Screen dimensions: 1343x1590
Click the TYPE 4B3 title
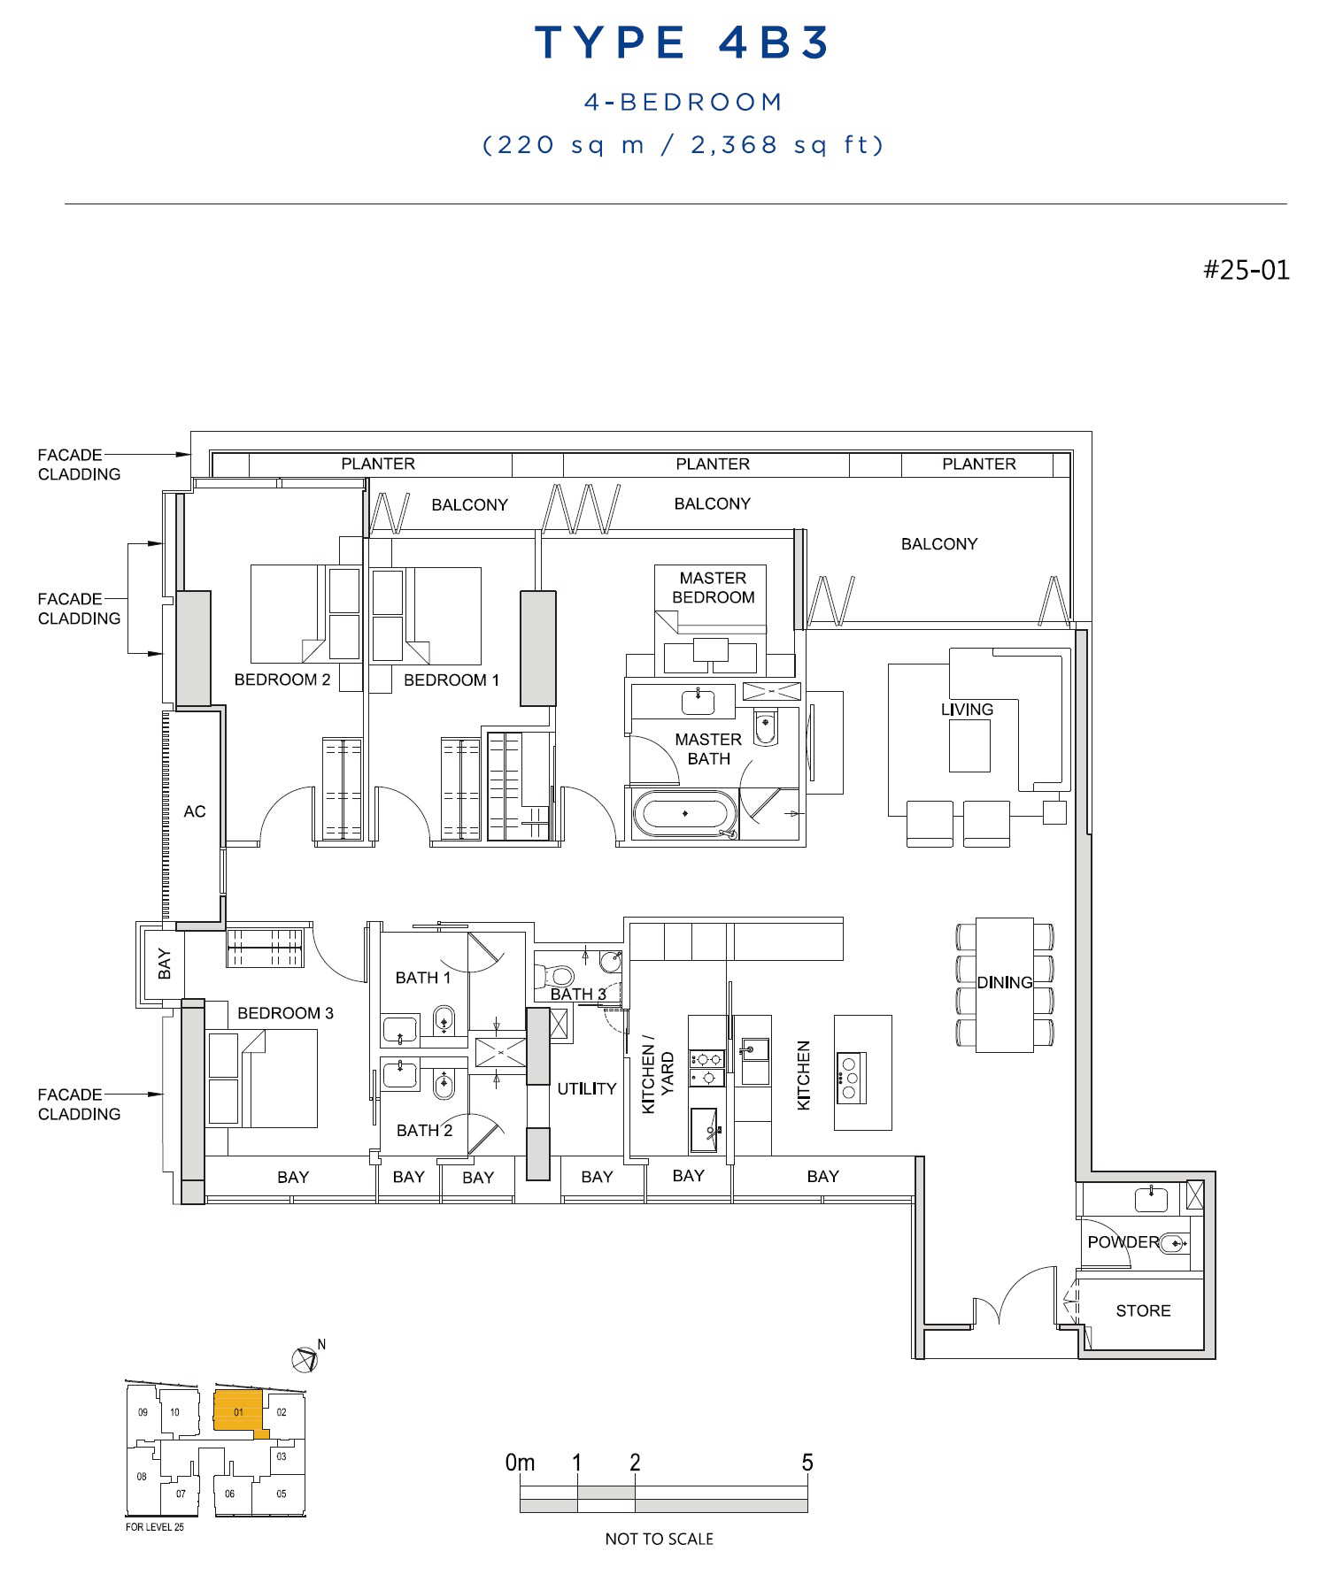tap(682, 42)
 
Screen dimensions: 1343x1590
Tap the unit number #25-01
tap(1246, 270)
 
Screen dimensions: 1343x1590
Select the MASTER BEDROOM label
tap(713, 588)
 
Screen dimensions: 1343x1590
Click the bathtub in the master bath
tap(684, 812)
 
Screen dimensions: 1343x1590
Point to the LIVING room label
tap(967, 710)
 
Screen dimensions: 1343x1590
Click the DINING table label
tap(1004, 982)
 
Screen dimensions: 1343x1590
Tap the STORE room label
tap(1143, 1310)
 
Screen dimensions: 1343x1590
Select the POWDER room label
tap(1123, 1241)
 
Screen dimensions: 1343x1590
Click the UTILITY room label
tap(586, 1088)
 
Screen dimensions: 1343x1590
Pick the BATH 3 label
tap(578, 994)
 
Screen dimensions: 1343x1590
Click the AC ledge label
tap(195, 811)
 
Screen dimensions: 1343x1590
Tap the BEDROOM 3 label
tap(285, 1013)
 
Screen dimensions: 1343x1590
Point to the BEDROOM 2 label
tap(282, 680)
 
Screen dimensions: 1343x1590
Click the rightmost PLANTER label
tap(978, 464)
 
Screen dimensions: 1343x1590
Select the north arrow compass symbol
tap(305, 1358)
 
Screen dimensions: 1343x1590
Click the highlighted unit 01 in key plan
tap(238, 1412)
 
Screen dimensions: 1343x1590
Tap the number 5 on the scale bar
tap(807, 1463)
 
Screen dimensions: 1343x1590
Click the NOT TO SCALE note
tap(659, 1539)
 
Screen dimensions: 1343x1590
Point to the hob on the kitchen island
tap(851, 1077)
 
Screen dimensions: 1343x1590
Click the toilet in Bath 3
tap(553, 975)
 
